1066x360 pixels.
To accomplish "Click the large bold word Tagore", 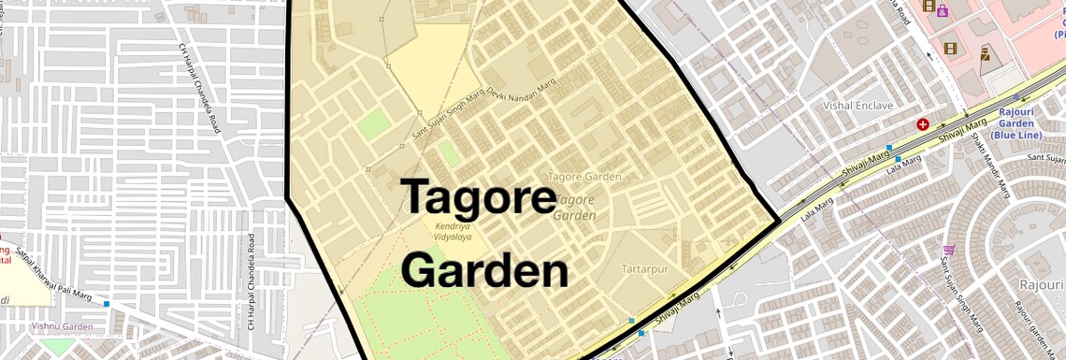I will click(x=479, y=197).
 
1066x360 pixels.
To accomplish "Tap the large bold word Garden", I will click(x=484, y=271).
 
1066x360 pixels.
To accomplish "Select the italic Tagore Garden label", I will click(x=575, y=207).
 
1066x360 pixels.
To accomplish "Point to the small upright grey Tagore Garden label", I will click(x=584, y=176).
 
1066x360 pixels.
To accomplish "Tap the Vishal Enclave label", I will click(x=857, y=106).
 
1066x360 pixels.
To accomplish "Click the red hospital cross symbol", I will click(x=923, y=123).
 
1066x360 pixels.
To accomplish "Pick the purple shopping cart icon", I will click(x=949, y=250).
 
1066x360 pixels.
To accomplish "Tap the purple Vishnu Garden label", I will click(x=63, y=326).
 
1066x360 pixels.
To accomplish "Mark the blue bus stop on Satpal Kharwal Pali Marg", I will click(x=107, y=304).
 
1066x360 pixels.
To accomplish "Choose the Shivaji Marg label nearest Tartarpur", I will click(x=677, y=309).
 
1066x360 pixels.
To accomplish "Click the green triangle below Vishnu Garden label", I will click(x=58, y=346).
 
